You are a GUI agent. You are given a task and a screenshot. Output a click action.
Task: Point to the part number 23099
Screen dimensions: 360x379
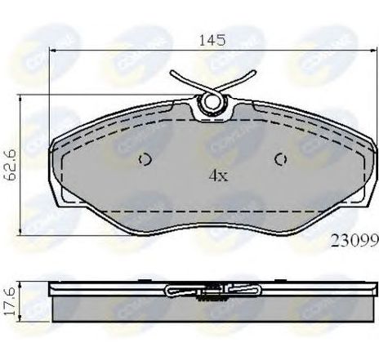[x=353, y=240]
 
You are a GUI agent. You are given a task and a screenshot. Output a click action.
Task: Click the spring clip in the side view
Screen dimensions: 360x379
[x=212, y=291]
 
